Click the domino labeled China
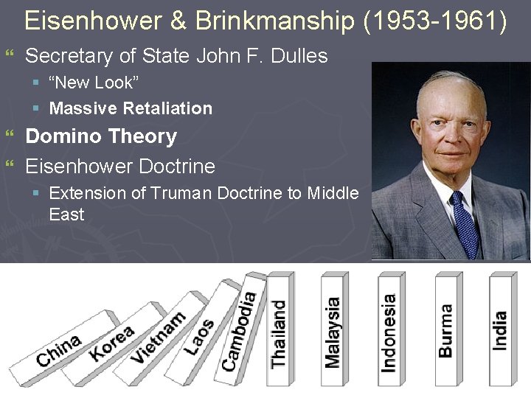coord(59,349)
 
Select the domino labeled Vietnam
coord(159,337)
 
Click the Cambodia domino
coord(240,330)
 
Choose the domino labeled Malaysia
coord(333,332)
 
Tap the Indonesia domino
coord(389,332)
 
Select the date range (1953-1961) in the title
coord(435,21)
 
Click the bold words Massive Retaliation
coord(131,108)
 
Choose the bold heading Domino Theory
coord(101,136)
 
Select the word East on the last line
coord(66,214)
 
